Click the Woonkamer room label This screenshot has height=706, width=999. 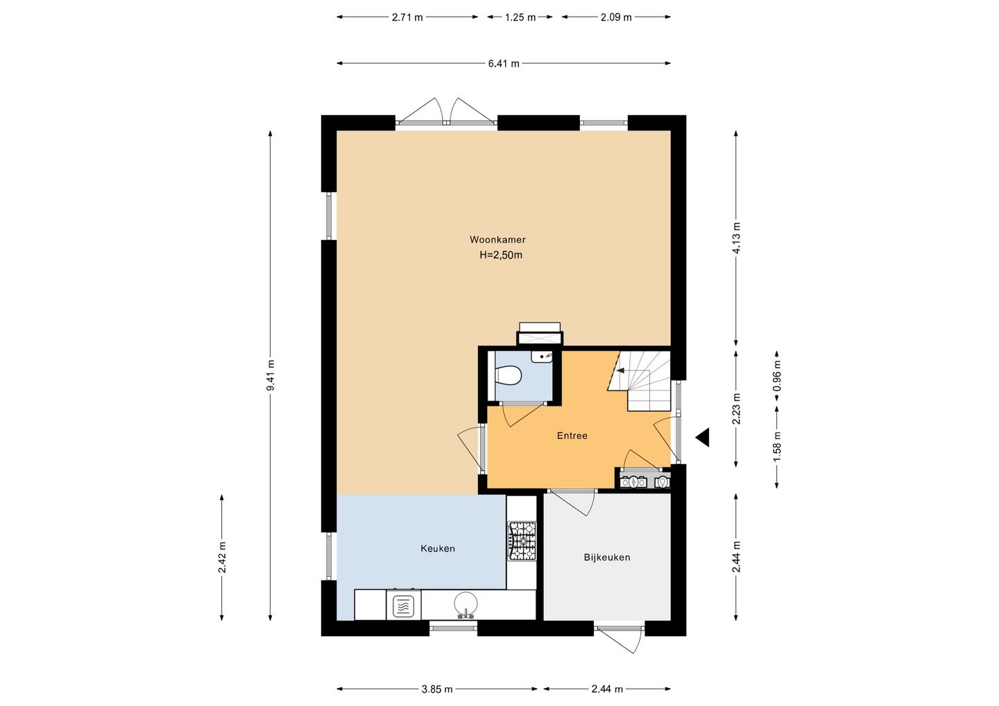[x=497, y=240]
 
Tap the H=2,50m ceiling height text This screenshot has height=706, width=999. [x=501, y=255]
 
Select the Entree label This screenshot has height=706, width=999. [x=572, y=436]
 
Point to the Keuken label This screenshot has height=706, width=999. [x=438, y=549]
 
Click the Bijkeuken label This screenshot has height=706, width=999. [x=607, y=557]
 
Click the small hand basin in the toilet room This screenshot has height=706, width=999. [x=542, y=356]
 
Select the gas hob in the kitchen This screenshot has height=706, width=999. [x=522, y=541]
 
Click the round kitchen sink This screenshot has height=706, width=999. [x=466, y=603]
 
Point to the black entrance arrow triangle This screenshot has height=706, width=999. [x=702, y=437]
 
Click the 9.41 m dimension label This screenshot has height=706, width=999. [x=271, y=375]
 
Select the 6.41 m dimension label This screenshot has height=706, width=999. [x=504, y=64]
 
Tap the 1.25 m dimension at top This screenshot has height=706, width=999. [x=520, y=17]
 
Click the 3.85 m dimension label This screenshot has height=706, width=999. [x=437, y=689]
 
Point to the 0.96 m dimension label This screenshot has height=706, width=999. [x=777, y=381]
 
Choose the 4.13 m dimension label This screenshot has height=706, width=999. [x=736, y=238]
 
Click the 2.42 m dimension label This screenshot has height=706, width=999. [x=222, y=558]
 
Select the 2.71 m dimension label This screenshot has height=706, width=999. [x=407, y=17]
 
